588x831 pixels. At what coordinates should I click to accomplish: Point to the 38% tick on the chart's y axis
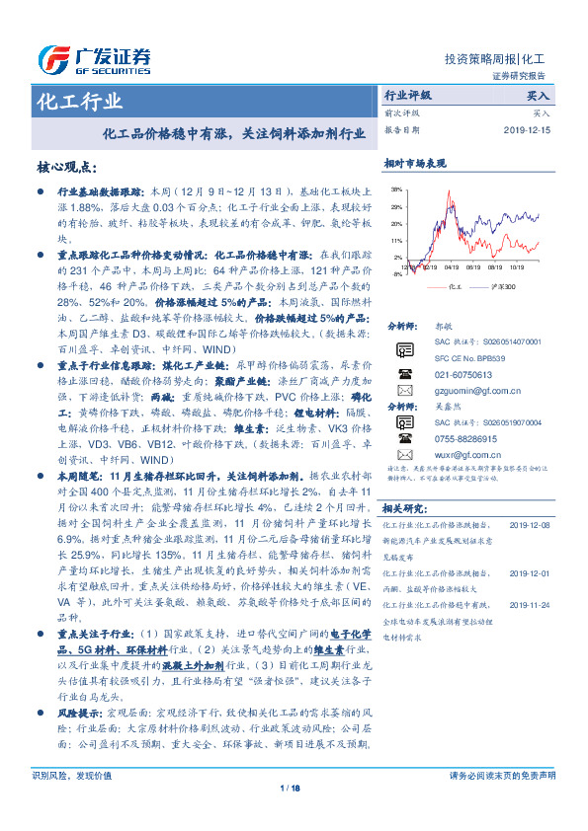click(396, 188)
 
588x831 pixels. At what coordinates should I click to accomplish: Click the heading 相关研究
click(403, 507)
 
